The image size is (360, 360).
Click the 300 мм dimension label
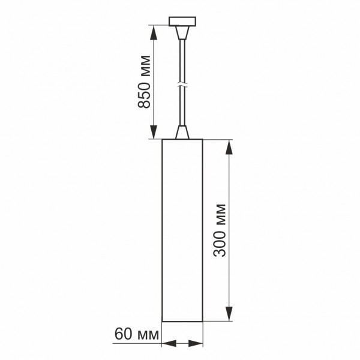(x=221, y=230)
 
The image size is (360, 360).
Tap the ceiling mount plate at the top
(x=182, y=23)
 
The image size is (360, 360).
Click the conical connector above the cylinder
(x=182, y=132)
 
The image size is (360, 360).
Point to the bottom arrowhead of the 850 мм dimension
(x=154, y=133)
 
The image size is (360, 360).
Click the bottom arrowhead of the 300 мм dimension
(x=229, y=314)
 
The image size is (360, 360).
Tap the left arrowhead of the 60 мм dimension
(x=167, y=344)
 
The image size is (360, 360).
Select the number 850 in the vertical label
(x=144, y=98)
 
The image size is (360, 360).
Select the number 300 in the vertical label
(x=221, y=245)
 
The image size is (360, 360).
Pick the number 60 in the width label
(x=122, y=333)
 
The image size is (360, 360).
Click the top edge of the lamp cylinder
(x=182, y=139)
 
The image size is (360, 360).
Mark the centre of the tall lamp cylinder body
(x=182, y=230)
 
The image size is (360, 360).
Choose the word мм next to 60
(x=147, y=333)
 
